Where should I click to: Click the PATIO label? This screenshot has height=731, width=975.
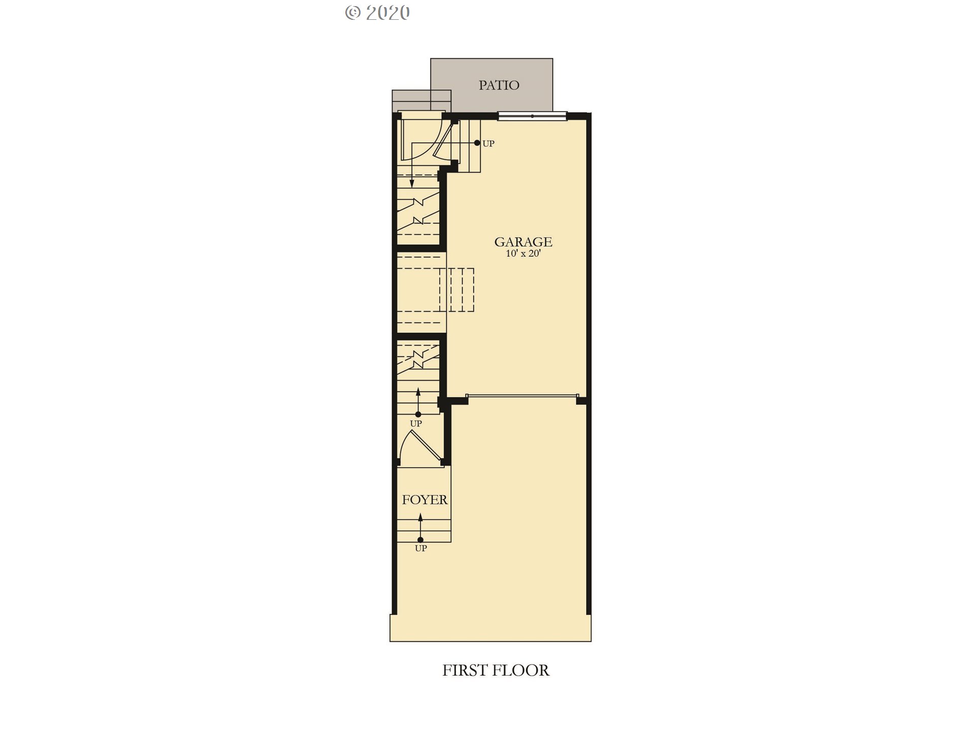(499, 85)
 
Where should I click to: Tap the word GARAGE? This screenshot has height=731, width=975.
(523, 242)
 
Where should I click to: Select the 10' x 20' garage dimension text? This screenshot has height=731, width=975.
(523, 253)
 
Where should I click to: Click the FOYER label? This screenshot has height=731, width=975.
(425, 500)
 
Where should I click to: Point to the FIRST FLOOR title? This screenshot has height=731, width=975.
(496, 670)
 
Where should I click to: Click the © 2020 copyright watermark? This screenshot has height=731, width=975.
(377, 13)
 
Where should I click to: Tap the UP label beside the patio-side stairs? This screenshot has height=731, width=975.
(488, 144)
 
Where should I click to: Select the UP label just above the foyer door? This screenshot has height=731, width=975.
(416, 423)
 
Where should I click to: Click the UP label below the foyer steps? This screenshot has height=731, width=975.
(421, 548)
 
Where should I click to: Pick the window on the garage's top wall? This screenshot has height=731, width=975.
(532, 116)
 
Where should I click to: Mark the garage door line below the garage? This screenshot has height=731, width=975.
(522, 395)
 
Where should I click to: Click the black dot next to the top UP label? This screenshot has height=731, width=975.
(477, 143)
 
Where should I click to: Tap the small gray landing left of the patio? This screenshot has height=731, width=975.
(421, 101)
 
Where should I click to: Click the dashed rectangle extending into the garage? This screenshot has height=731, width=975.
(457, 290)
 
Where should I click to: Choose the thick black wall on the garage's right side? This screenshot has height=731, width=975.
(589, 363)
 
